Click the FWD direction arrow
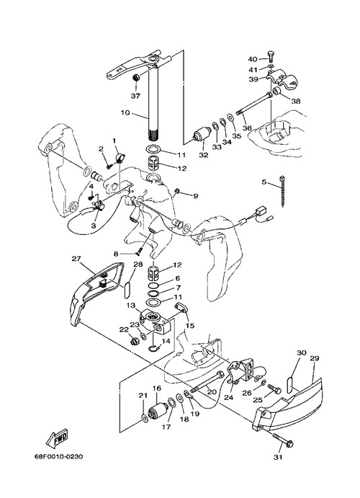coord(57,438)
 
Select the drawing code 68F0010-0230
coord(58,457)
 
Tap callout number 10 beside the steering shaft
coord(125,112)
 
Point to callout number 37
coord(135,96)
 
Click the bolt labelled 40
coord(270,56)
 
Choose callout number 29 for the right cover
coord(315,358)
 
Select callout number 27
coord(76,259)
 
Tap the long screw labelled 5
coord(282,191)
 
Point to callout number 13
coord(131,306)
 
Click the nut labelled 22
coord(134,342)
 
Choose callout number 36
coord(247,128)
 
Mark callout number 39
coord(253,79)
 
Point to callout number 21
coord(143,396)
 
